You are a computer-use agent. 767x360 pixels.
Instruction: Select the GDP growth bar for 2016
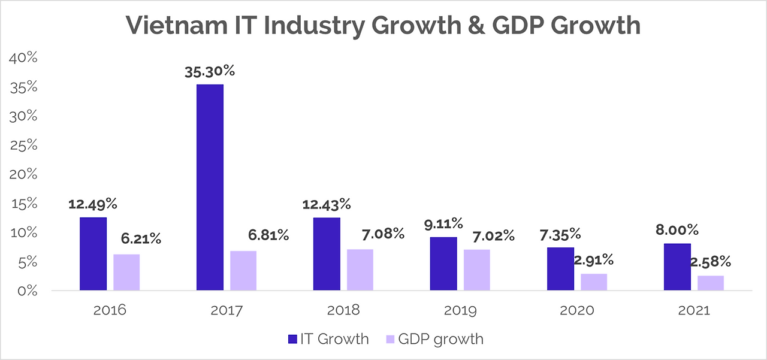[x=126, y=273]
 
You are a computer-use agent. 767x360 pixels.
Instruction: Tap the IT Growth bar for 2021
[x=677, y=267]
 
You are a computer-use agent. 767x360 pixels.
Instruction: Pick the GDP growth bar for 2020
[x=594, y=282]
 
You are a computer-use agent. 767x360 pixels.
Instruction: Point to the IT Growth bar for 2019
[x=443, y=264]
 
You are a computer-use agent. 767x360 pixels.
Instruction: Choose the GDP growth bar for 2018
[x=360, y=270]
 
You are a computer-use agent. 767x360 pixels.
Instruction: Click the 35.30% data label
[x=210, y=71]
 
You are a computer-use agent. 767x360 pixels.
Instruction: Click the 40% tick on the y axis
[x=22, y=58]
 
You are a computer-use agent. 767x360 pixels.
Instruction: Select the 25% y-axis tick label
[x=23, y=146]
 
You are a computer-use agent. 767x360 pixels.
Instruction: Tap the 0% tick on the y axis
[x=26, y=291]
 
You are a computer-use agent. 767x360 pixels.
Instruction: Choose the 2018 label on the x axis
[x=343, y=311]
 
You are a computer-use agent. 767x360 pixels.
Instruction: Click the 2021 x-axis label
[x=694, y=311]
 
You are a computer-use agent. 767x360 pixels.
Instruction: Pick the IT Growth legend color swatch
[x=294, y=339]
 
